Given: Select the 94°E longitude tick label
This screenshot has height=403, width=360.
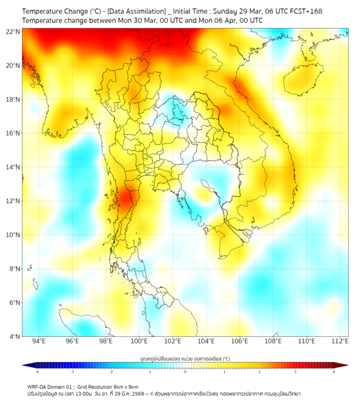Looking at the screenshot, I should coord(39,342).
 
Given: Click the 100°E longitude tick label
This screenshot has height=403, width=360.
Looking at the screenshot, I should coord(139,342).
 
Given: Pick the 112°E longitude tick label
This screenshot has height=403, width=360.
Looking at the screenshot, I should coord(340,342).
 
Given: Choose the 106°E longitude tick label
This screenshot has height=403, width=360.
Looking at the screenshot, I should coord(240,342).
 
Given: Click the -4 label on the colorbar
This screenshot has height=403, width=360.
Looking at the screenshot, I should coord(37,372).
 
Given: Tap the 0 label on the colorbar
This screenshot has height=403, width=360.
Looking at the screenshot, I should coord(185,372).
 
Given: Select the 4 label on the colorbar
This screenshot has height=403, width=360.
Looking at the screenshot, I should coord(334,372).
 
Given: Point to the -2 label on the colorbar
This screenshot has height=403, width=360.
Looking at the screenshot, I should coord(111,372).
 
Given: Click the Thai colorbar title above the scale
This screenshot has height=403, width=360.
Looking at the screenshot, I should coord(185,359).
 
